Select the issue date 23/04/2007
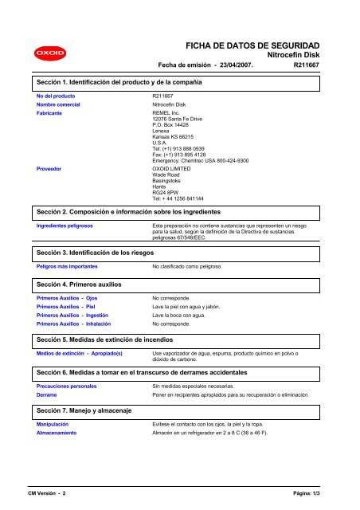pyautogui.click(x=233, y=65)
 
